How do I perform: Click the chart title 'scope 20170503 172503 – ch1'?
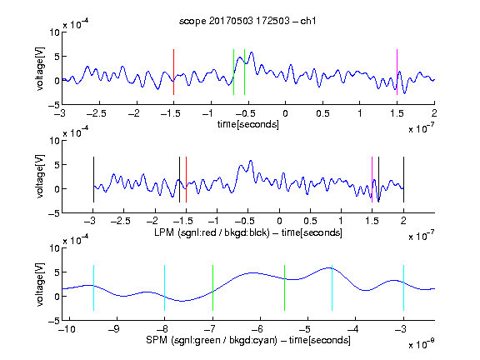(247, 21)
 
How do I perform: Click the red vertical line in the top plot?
(173, 72)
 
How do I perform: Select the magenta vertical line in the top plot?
(397, 72)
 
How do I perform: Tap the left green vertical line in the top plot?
(233, 72)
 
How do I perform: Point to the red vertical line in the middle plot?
(186, 179)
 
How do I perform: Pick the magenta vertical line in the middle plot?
(372, 179)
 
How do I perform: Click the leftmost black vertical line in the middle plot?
(93, 179)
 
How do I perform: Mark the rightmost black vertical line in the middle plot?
(403, 179)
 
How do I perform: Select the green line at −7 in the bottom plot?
(212, 287)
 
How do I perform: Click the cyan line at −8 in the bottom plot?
(165, 287)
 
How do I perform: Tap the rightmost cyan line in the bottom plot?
(403, 287)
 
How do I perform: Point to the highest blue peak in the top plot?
(252, 52)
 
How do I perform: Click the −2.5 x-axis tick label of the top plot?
(97, 113)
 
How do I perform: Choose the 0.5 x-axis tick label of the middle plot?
(310, 221)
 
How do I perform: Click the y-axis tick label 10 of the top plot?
(55, 32)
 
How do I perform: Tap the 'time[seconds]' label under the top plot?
(248, 125)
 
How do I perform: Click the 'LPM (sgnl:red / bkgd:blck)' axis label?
(212, 232)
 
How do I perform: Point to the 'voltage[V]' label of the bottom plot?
(40, 284)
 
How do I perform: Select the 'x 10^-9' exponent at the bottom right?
(422, 344)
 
